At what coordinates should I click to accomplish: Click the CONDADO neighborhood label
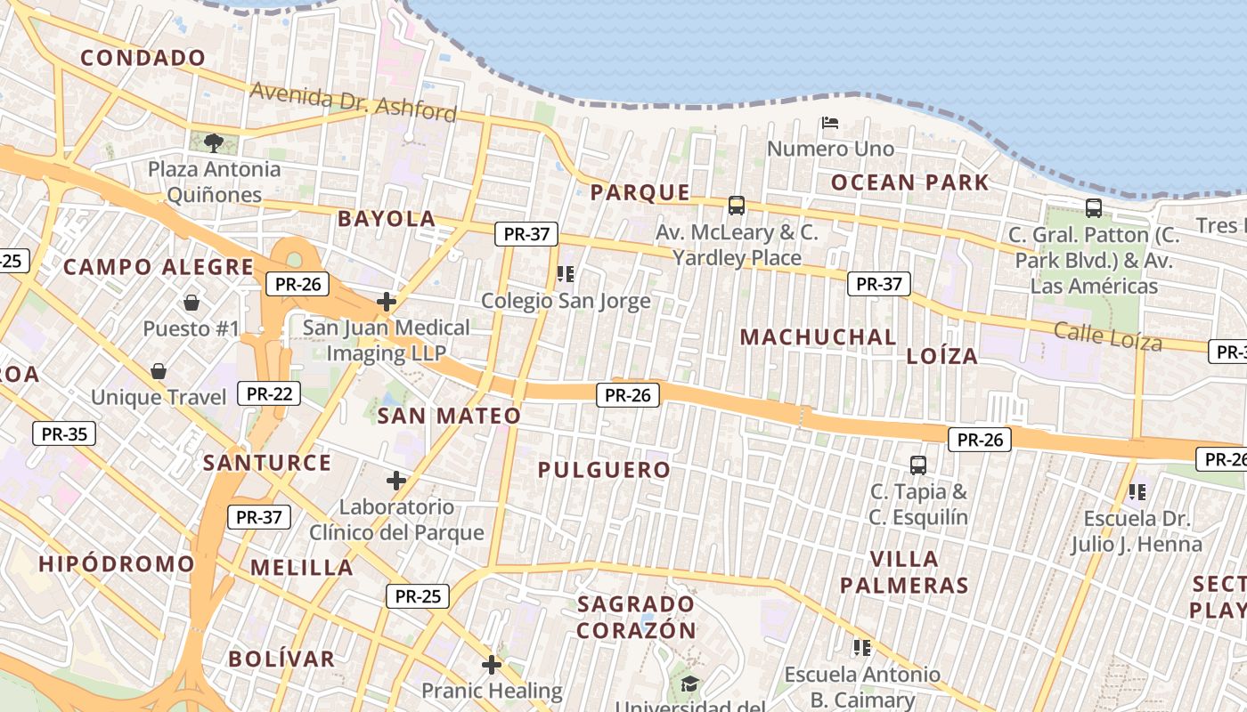click(x=143, y=59)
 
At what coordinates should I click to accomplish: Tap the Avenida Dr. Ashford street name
click(x=353, y=101)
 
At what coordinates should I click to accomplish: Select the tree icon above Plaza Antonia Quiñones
click(x=213, y=142)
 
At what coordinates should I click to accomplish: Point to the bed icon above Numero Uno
click(x=830, y=122)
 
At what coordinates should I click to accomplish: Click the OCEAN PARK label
click(x=909, y=183)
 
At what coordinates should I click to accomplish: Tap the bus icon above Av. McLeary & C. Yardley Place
click(x=737, y=206)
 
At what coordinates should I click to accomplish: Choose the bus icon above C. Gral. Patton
click(x=1094, y=208)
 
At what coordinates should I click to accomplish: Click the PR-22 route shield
click(x=269, y=393)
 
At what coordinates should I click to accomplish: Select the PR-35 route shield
click(x=64, y=434)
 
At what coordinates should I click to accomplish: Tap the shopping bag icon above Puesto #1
click(x=191, y=303)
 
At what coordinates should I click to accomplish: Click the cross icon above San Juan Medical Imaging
click(x=387, y=302)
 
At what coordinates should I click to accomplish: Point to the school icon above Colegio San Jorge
click(x=566, y=274)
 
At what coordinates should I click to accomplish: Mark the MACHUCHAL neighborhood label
click(x=819, y=337)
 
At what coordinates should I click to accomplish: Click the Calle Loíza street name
click(x=1107, y=336)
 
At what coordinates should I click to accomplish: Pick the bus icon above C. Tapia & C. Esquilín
click(x=918, y=465)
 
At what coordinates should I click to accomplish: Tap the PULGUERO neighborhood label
click(x=604, y=470)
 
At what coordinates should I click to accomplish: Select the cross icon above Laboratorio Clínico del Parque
click(x=396, y=481)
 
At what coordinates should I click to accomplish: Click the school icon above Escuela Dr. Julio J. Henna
click(x=1137, y=491)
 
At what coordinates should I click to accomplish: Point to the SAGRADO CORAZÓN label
click(x=636, y=617)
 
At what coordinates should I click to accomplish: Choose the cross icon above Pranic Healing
click(x=492, y=665)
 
